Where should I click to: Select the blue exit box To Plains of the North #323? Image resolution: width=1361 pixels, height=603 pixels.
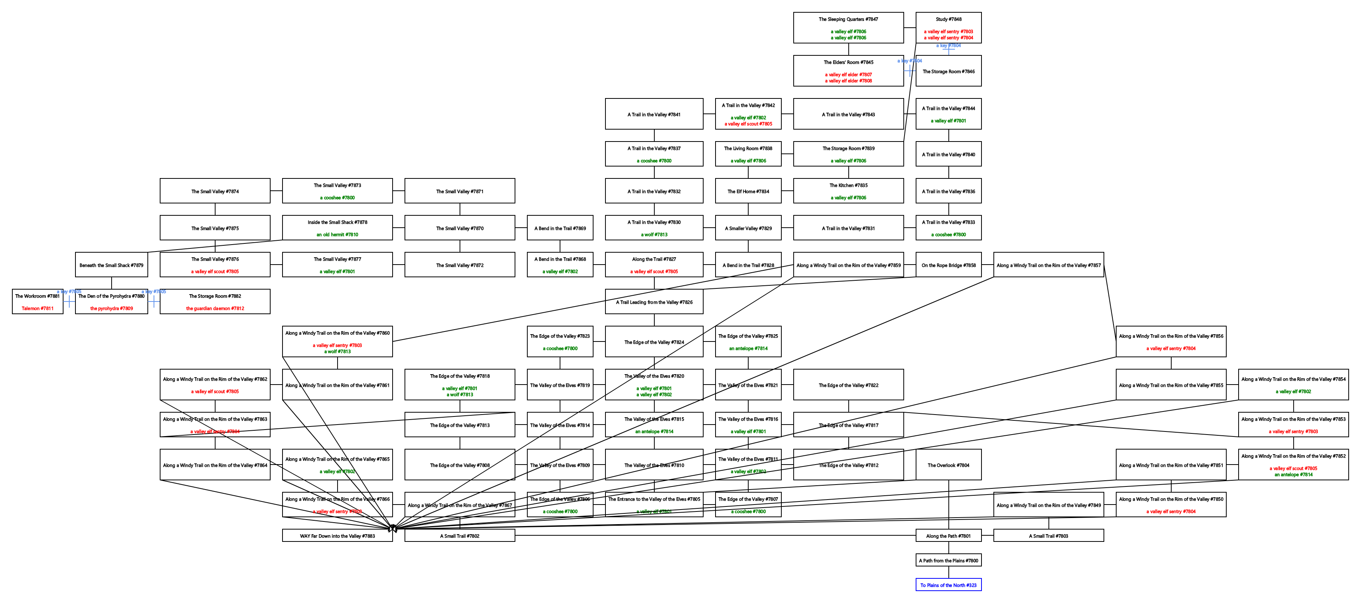[948, 585]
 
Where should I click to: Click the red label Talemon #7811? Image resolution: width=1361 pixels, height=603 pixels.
[37, 308]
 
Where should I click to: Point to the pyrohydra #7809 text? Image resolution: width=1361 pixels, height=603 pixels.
[112, 308]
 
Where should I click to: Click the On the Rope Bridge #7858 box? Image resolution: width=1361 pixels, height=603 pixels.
[948, 265]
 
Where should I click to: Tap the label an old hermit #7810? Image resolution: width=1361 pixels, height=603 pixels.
[337, 235]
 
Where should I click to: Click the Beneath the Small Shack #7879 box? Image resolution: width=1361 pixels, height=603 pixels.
[112, 265]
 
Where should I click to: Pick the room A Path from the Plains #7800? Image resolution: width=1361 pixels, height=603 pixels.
[948, 560]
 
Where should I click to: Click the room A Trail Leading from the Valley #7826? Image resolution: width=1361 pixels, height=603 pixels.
[654, 302]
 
